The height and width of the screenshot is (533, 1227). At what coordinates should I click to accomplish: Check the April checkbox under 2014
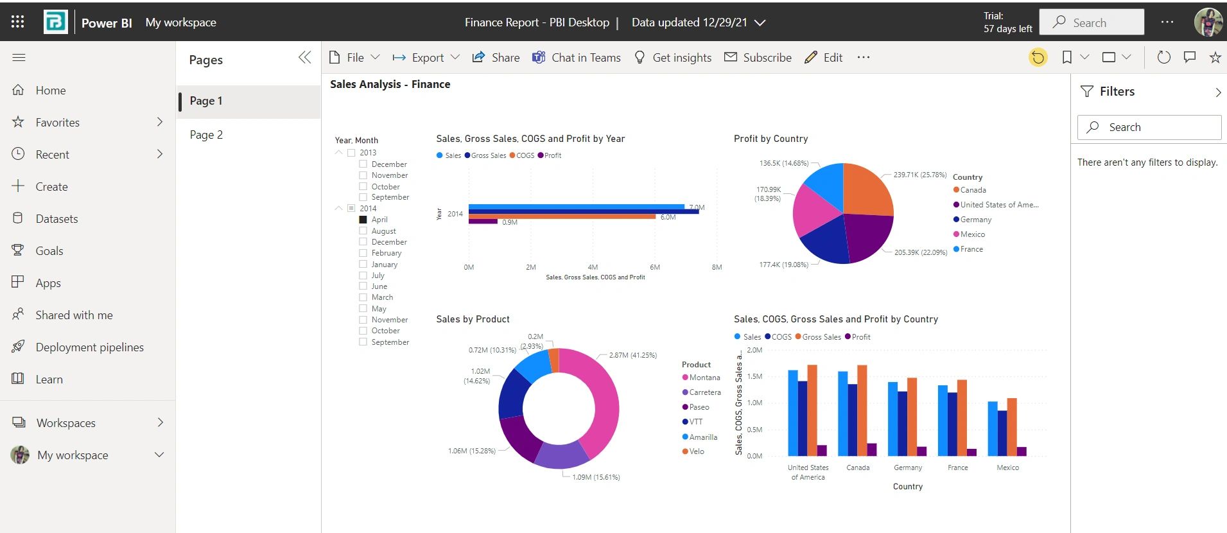coord(363,220)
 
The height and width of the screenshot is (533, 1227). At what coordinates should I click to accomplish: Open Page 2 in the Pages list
coord(206,135)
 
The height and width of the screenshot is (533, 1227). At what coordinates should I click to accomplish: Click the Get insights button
coord(673,58)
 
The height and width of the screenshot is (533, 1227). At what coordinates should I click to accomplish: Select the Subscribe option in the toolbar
coord(758,58)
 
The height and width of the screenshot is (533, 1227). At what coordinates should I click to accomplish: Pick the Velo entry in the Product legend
coord(696,451)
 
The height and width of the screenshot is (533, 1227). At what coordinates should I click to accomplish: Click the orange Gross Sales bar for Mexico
coord(1012,426)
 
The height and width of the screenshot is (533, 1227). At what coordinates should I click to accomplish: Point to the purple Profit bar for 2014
coord(483,222)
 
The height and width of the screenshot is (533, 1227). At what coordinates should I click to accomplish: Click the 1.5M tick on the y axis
coord(754,376)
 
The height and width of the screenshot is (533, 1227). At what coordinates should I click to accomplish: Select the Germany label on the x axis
coord(907,467)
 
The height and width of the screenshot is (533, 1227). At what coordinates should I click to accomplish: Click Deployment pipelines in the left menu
coord(89,347)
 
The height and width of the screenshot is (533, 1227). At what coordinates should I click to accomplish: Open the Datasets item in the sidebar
coord(57,219)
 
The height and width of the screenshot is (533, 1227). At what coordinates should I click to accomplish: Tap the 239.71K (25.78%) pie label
coord(919,175)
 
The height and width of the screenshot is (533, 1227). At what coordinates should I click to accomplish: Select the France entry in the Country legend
coord(971,249)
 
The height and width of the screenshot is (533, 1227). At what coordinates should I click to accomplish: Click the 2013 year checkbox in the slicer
coord(351,153)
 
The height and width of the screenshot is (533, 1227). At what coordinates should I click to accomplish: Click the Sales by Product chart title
coord(473,319)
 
